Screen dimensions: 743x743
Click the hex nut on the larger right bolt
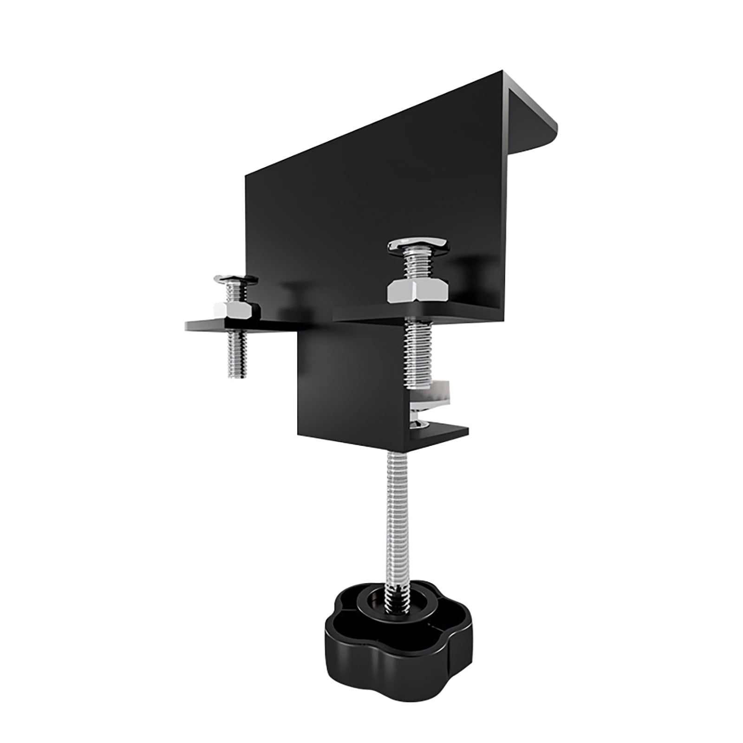(417, 291)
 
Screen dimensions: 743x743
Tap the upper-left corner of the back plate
(247, 176)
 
